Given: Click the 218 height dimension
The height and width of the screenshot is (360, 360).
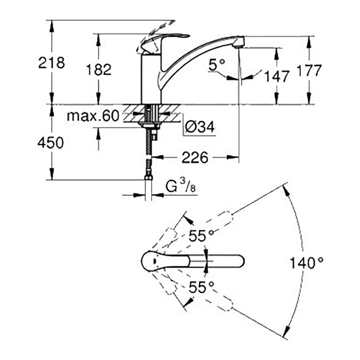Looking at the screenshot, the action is point(51,62).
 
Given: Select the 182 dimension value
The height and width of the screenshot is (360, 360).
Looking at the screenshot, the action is point(99,69).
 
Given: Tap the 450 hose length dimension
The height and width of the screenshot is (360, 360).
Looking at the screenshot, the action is point(50,143).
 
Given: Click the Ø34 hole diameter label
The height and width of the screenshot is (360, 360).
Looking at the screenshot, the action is point(200,126).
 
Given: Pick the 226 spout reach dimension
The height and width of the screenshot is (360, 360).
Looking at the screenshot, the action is point(195,158).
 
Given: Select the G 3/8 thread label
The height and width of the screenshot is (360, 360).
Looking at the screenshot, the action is point(181,186).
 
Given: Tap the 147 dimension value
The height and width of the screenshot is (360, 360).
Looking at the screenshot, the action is point(276,76).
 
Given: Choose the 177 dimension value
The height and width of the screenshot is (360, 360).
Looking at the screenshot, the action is point(309,70).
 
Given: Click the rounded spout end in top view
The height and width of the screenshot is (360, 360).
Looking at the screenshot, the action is point(239,261).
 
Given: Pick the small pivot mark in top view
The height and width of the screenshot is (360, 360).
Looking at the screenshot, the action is point(154,261).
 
